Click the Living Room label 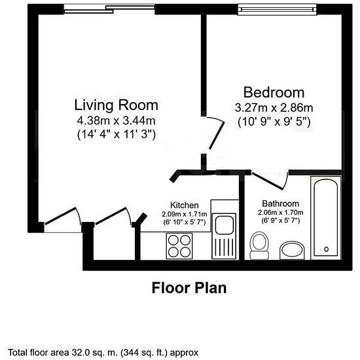pos(117,105)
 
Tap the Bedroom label pos(274,92)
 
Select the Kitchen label pos(185,205)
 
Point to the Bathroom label pos(281,204)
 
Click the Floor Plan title pos(189,288)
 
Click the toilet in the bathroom pos(259,245)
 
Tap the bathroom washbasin pos(292,250)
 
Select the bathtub pos(326,218)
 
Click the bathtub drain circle pos(326,249)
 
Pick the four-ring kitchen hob pos(179,246)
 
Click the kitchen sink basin pos(225,225)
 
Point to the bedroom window pos(277,9)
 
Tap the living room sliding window pos(109,9)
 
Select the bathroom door pos(270,181)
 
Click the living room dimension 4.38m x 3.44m pos(116,121)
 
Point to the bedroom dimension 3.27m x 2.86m pos(274,108)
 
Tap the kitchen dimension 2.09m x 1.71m pos(185,214)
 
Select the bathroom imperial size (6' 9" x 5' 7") pos(281,221)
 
